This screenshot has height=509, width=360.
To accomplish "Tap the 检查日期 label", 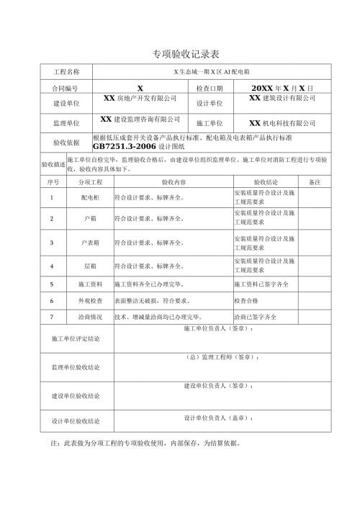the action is click(x=210, y=87).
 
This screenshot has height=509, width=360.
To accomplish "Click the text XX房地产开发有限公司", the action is click(x=140, y=98).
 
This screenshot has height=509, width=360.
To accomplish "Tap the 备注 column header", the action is click(x=313, y=184).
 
